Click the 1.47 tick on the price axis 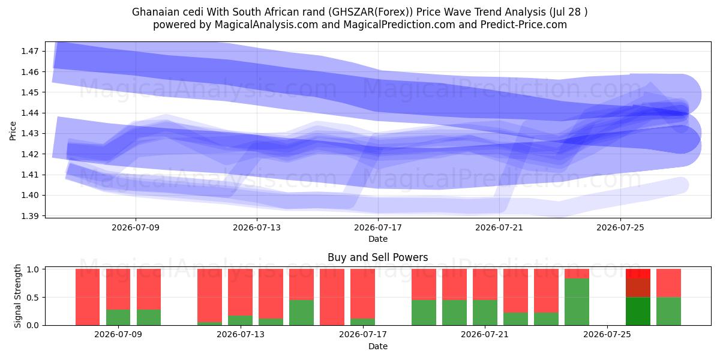pos(29,51)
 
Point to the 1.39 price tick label pos(29,216)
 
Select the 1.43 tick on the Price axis pos(29,133)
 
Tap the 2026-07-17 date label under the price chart pos(378,228)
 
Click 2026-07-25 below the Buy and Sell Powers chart pos(607,335)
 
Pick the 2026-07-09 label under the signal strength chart pos(118,335)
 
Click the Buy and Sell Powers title pos(377,257)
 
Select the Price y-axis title pos(13,131)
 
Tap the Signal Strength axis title pos(17,296)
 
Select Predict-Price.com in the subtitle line pos(524,25)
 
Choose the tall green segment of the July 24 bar pos(577,302)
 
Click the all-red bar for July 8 pos(88,297)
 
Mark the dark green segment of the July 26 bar pos(638,311)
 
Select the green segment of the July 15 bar pos(301,313)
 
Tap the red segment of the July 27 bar pos(668,283)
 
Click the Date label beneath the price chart pos(378,239)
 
